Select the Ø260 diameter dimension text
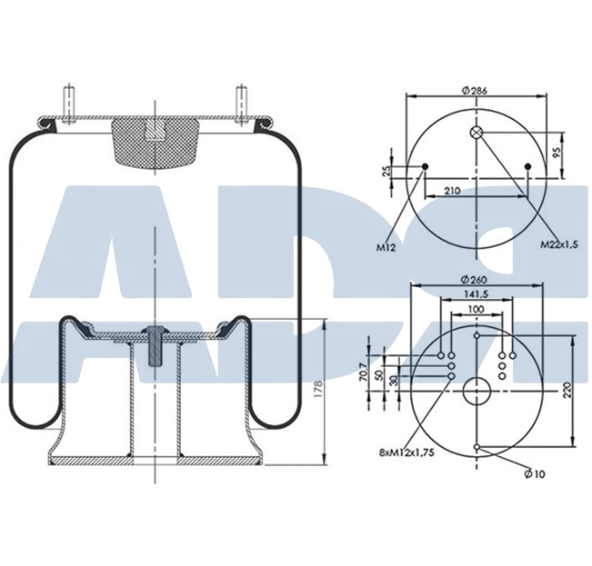pyautogui.click(x=477, y=280)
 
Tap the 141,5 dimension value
pyautogui.click(x=477, y=294)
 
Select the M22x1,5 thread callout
pyautogui.click(x=559, y=243)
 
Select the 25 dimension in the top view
pyautogui.click(x=386, y=172)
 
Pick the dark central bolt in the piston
pyautogui.click(x=156, y=345)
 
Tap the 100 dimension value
pyautogui.click(x=477, y=310)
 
